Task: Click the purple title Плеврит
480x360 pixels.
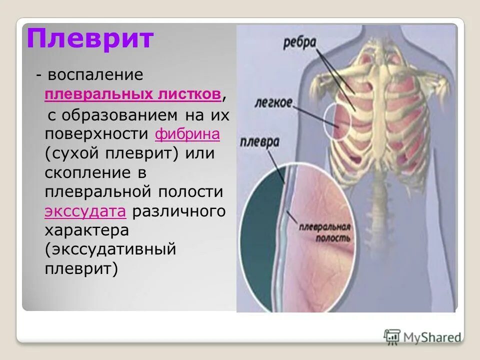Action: click(90, 39)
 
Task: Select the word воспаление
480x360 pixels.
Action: click(96, 75)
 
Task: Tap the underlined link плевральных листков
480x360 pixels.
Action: click(132, 94)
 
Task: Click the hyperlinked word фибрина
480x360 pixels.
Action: click(188, 134)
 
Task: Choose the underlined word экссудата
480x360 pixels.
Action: click(84, 211)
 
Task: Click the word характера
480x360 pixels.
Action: click(87, 230)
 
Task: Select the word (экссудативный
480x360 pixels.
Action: click(110, 249)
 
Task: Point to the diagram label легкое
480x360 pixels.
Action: click(274, 102)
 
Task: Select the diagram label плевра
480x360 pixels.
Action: click(259, 141)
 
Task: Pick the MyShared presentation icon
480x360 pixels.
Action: click(392, 336)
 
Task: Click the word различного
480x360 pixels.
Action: click(179, 211)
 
